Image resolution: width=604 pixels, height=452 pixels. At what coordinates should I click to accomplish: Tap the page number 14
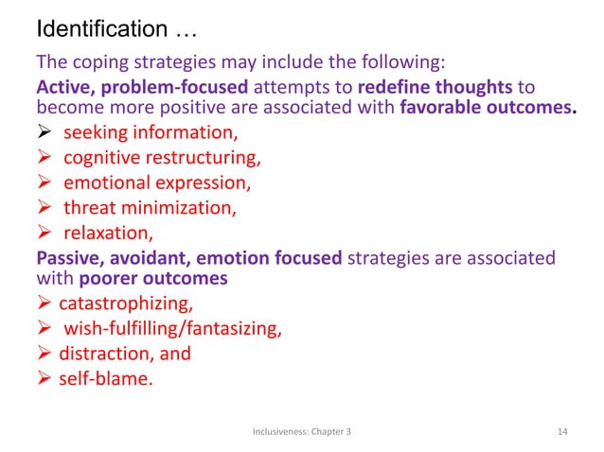tap(563, 431)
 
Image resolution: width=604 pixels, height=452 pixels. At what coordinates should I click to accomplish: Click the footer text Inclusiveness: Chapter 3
tap(302, 431)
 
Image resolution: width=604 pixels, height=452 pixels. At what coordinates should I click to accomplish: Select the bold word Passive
tap(66, 255)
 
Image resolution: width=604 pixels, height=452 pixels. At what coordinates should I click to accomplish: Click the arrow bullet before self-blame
tap(44, 378)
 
